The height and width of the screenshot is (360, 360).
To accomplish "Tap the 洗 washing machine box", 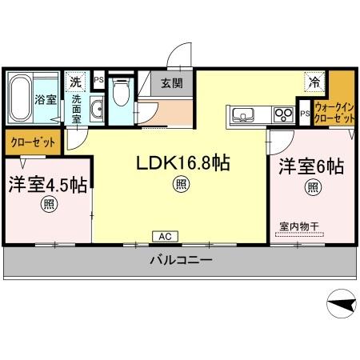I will pyautogui.click(x=75, y=82).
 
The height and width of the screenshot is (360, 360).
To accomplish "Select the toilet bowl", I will pyautogui.click(x=121, y=95).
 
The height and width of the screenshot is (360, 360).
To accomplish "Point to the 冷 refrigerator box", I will pyautogui.click(x=315, y=81).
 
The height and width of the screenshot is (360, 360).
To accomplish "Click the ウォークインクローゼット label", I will pyautogui.click(x=335, y=111).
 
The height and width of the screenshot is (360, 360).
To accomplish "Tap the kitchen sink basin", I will pyautogui.click(x=242, y=115).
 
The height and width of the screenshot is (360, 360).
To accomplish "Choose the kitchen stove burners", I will pyautogui.click(x=282, y=114).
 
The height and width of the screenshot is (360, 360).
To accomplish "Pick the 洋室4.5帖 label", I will pyautogui.click(x=47, y=184).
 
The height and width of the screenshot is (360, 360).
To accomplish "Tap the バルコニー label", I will pyautogui.click(x=179, y=261).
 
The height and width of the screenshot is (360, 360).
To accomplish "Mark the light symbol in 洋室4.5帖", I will pyautogui.click(x=50, y=205).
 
